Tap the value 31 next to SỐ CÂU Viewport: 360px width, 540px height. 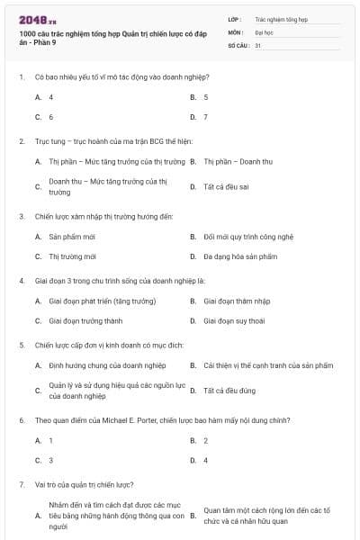point(258,44)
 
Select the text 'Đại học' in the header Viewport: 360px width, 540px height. point(263,31)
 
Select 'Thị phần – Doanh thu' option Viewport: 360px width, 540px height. point(238,162)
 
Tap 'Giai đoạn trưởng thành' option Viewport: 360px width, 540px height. point(85,320)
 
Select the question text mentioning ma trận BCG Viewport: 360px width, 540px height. point(107,141)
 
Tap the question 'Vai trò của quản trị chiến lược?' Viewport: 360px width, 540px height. point(85,484)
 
